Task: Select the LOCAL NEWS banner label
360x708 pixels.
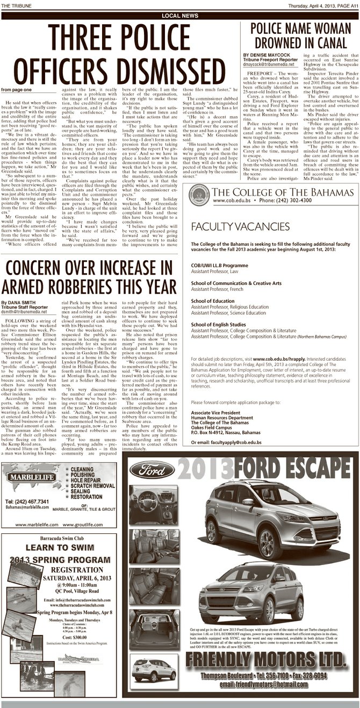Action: (x=179, y=16)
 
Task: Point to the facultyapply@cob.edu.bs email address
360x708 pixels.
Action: (x=236, y=442)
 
